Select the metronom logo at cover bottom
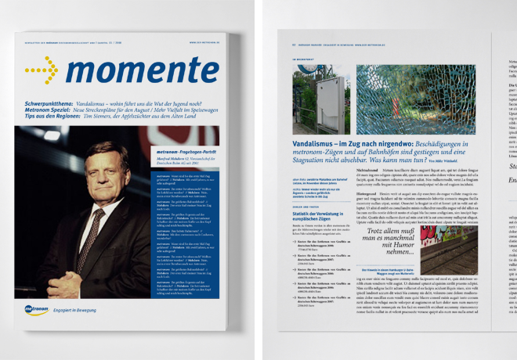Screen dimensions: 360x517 (38, 310)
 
